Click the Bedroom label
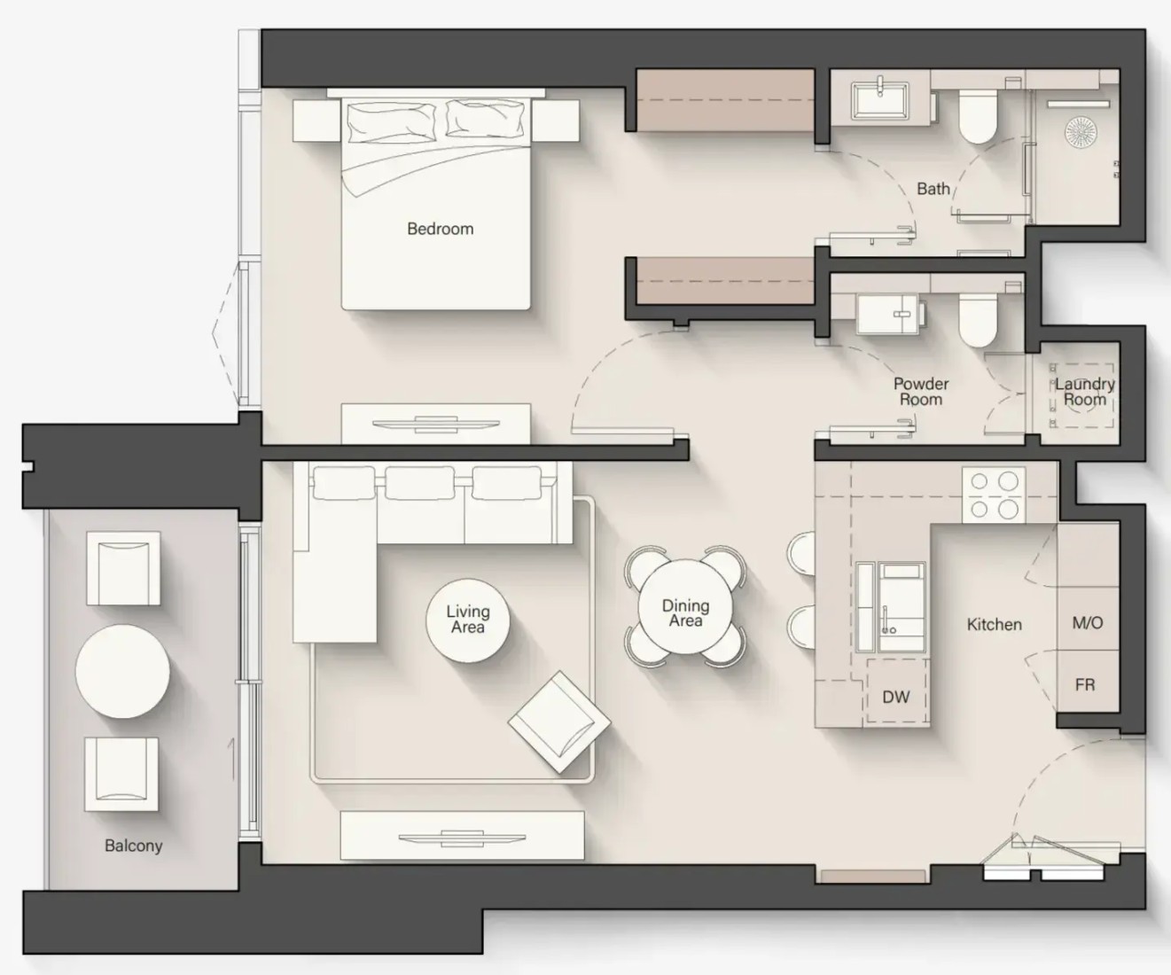(x=441, y=229)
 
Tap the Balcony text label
(x=134, y=846)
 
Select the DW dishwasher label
(x=895, y=697)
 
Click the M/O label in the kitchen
(x=1088, y=622)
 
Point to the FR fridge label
(x=1085, y=684)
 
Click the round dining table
(x=685, y=607)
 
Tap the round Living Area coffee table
(x=468, y=620)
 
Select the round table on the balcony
(x=123, y=671)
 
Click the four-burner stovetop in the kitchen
(x=994, y=495)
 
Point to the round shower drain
(x=1081, y=132)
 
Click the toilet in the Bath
(x=978, y=114)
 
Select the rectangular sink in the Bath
(x=880, y=100)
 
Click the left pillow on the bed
(x=391, y=121)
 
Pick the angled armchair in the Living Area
(x=559, y=722)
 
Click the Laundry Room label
(x=1085, y=392)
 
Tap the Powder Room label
(x=921, y=392)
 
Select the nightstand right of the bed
(x=555, y=121)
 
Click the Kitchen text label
(x=995, y=625)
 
